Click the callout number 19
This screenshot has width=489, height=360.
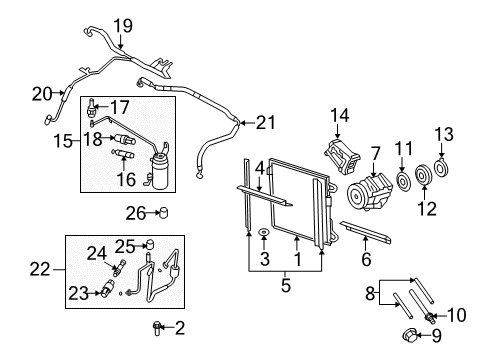[122, 25]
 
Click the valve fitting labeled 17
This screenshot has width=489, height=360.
[92, 104]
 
